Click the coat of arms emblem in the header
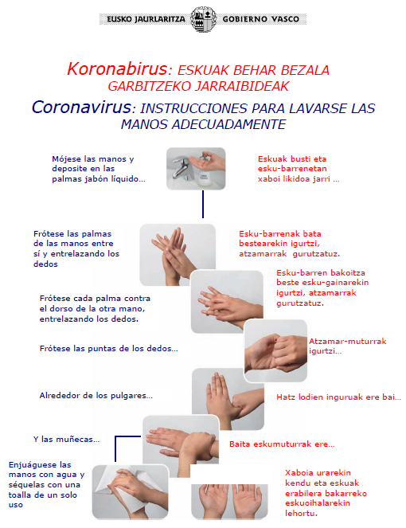[203, 19]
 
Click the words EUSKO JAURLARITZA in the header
[146, 19]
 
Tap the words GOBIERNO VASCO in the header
[260, 19]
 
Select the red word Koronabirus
[117, 68]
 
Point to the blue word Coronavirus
[81, 107]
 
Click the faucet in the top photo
[182, 168]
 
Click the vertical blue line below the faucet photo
[203, 204]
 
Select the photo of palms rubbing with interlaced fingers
[178, 255]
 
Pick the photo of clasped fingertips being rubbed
[275, 350]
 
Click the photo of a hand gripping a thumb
[228, 399]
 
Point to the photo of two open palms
[229, 502]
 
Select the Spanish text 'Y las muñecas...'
[66, 439]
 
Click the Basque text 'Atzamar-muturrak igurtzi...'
[347, 346]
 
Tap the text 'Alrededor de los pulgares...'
[96, 395]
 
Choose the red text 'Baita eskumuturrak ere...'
[282, 444]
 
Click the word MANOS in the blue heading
[144, 124]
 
